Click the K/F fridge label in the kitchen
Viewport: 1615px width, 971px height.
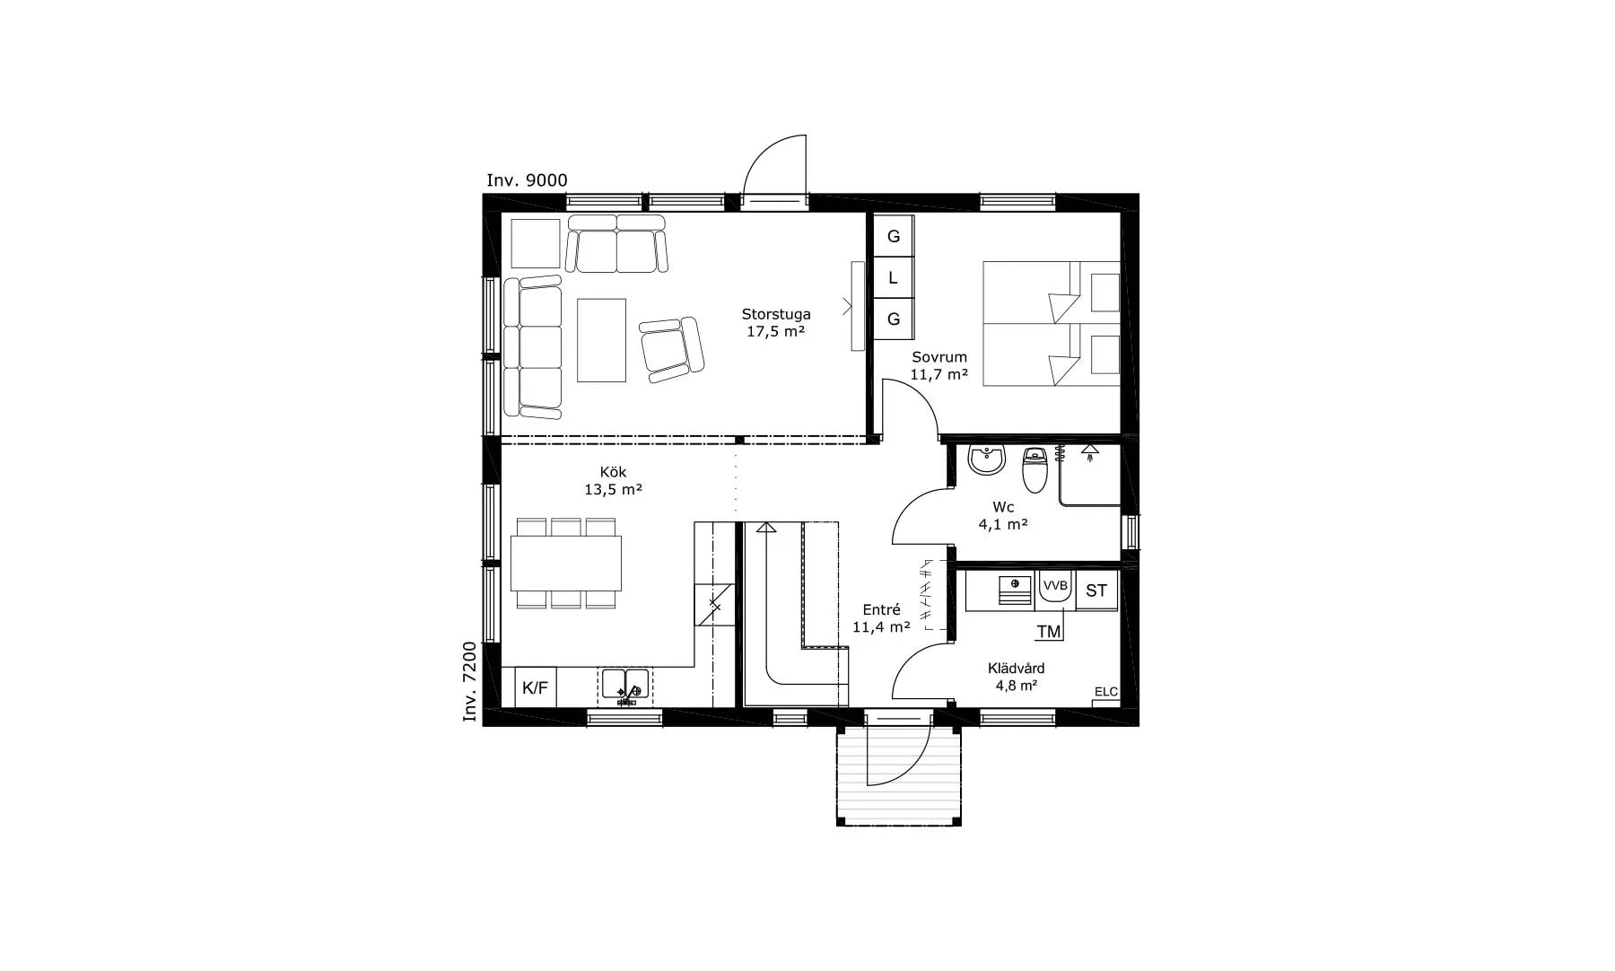pos(535,688)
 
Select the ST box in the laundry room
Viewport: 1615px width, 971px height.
pos(1096,590)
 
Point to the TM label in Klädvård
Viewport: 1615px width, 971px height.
pos(1049,632)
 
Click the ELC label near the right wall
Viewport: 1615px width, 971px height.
pos(1106,691)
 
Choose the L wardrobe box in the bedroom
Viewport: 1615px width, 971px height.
pos(894,278)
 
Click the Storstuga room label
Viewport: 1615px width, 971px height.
pos(776,314)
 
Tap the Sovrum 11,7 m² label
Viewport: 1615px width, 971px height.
pos(939,366)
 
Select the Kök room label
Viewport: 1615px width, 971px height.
pos(614,472)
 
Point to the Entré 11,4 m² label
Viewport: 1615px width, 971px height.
pos(881,618)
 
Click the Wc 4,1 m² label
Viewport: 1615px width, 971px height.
pos(1003,516)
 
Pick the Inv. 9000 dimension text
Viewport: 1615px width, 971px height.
pos(527,180)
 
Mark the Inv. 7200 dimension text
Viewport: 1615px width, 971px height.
pos(469,682)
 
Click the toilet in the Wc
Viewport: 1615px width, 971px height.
pos(1035,470)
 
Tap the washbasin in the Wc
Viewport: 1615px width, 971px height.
pos(987,459)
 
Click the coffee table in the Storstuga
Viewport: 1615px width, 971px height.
pos(601,340)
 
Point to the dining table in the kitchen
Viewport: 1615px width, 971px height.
pos(566,563)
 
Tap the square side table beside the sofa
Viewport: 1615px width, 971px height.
pos(535,242)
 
